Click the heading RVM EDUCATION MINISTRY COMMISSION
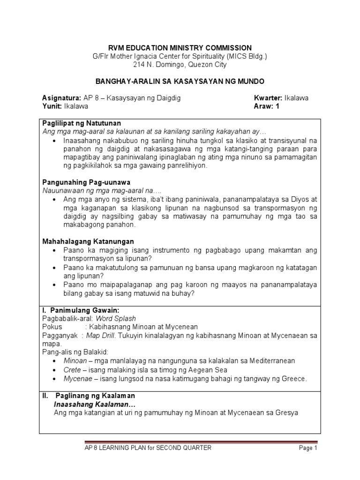(180, 48)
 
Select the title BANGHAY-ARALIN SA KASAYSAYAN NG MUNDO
(180, 81)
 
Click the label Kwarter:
(267, 98)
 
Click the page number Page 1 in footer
(308, 448)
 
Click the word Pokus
(52, 327)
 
